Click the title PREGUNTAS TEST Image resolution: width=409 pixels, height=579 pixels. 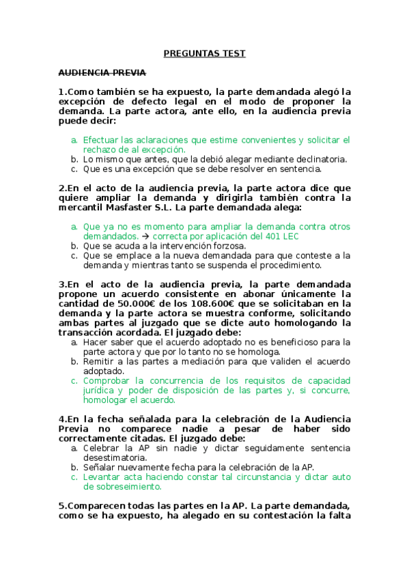pyautogui.click(x=204, y=53)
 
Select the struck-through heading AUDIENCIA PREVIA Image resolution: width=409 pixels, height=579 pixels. pyautogui.click(x=102, y=72)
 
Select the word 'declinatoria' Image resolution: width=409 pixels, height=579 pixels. pyautogui.click(x=318, y=159)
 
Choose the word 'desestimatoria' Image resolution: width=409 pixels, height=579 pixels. pyautogui.click(x=116, y=457)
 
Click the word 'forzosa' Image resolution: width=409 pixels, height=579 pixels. pyautogui.click(x=227, y=245)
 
